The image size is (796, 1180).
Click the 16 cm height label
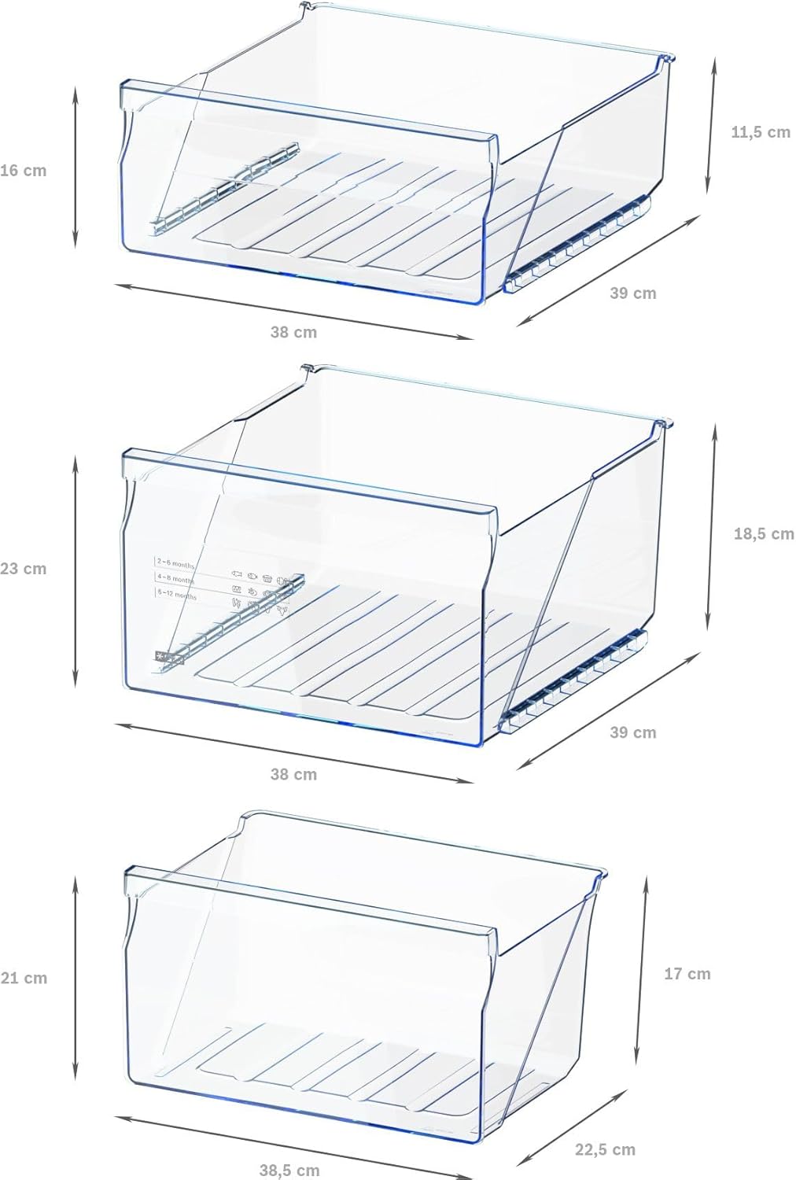[24, 171]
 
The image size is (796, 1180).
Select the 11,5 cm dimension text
[760, 132]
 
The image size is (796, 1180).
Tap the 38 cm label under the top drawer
[293, 333]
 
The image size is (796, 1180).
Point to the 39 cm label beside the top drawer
[632, 293]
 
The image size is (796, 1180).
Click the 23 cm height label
[24, 569]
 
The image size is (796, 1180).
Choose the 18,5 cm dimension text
[763, 534]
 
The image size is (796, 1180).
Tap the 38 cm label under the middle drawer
[293, 775]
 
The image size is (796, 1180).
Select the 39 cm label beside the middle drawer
[632, 732]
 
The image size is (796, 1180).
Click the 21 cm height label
[24, 979]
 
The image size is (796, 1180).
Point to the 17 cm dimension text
[687, 974]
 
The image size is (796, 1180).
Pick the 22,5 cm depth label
[605, 1150]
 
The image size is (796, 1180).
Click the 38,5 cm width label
[289, 1171]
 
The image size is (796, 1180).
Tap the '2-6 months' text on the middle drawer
[175, 563]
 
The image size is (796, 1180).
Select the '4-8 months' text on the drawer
[175, 580]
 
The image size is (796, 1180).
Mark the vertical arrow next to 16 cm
[76, 167]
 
